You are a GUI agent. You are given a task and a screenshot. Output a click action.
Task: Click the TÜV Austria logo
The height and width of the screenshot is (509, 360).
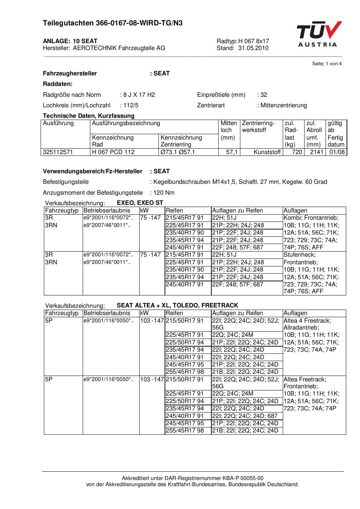pyautogui.click(x=319, y=34)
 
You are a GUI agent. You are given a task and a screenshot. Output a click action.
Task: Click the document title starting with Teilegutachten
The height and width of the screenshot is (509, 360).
pyautogui.click(x=113, y=23)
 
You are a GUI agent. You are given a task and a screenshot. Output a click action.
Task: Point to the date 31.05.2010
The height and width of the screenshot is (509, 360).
pyautogui.click(x=253, y=48)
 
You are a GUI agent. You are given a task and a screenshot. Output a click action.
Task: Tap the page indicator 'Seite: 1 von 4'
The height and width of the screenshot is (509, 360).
pyautogui.click(x=327, y=64)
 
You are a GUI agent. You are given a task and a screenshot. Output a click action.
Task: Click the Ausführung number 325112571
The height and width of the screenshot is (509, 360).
pyautogui.click(x=58, y=152)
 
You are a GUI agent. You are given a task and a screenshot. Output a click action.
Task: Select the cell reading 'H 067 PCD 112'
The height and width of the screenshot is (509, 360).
pyautogui.click(x=113, y=152)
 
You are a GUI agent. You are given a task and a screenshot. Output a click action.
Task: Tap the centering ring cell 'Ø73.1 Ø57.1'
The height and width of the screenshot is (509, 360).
pyautogui.click(x=178, y=152)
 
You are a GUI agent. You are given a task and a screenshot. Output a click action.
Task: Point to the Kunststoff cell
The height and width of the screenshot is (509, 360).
pyautogui.click(x=267, y=152)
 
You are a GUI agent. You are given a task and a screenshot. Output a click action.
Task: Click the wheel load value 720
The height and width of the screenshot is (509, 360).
pyautogui.click(x=297, y=152)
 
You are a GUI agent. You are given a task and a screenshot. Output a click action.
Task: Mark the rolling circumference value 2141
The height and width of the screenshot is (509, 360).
pyautogui.click(x=316, y=152)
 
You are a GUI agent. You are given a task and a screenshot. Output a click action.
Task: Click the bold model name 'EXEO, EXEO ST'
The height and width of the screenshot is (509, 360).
pyautogui.click(x=140, y=203)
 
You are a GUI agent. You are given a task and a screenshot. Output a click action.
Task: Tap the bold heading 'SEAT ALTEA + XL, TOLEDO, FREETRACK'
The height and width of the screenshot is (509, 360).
pyautogui.click(x=177, y=305)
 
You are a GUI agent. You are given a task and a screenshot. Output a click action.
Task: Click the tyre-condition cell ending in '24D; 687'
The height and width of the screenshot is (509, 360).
pyautogui.click(x=245, y=416)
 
